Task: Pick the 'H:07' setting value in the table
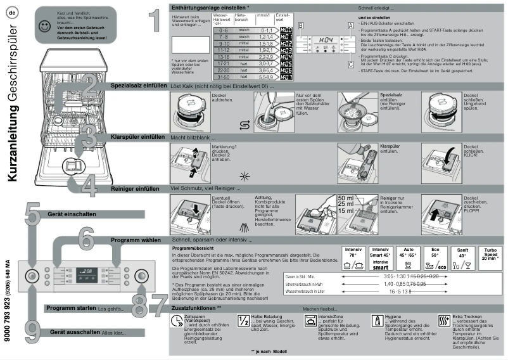(286, 77)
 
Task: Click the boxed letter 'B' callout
(302, 24)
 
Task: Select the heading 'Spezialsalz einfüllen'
(138, 84)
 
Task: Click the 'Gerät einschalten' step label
(72, 214)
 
